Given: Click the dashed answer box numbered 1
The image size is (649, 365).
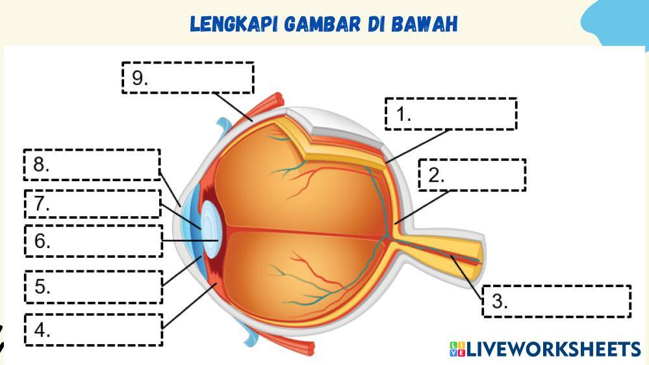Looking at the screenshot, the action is [x=451, y=114].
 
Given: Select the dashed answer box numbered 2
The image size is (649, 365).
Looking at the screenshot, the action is [x=472, y=175].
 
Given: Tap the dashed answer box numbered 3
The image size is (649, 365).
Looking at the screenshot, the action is [x=556, y=301].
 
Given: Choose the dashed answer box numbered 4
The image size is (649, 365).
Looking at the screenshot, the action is [x=94, y=329].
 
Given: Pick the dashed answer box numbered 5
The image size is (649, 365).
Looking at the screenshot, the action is [x=94, y=286].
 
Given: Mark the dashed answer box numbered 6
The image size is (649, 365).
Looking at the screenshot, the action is [x=94, y=241].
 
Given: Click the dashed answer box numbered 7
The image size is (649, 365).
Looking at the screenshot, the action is [x=92, y=203].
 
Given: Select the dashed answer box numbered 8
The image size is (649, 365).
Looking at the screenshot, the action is [x=92, y=164].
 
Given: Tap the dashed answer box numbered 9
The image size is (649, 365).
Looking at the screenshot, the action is [x=188, y=78].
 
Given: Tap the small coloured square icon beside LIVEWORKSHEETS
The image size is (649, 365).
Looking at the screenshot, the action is [x=457, y=349].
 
